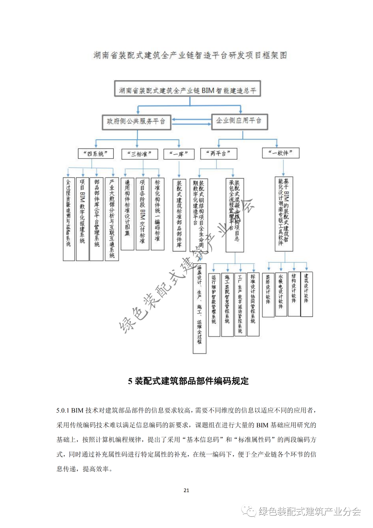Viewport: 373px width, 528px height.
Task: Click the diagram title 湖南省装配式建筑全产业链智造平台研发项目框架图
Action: [190, 55]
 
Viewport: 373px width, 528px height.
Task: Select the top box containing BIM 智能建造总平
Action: [188, 89]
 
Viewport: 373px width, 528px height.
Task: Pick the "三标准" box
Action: [140, 154]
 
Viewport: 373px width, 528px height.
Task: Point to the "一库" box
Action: [179, 154]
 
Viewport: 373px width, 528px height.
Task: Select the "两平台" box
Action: [218, 154]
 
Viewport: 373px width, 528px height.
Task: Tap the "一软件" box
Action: [280, 153]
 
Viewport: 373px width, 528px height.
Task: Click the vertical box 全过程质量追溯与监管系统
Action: [69, 219]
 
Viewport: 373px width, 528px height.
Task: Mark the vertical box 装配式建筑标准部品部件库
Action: [179, 215]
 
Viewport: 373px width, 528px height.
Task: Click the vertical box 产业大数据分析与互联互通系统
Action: [112, 219]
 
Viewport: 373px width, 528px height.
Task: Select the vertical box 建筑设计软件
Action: [306, 294]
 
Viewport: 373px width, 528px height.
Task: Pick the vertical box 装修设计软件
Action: [268, 294]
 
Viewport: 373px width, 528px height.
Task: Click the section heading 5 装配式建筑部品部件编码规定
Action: [188, 381]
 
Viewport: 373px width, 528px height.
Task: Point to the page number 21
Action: [186, 490]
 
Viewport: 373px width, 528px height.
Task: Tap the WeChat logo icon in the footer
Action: [249, 511]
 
